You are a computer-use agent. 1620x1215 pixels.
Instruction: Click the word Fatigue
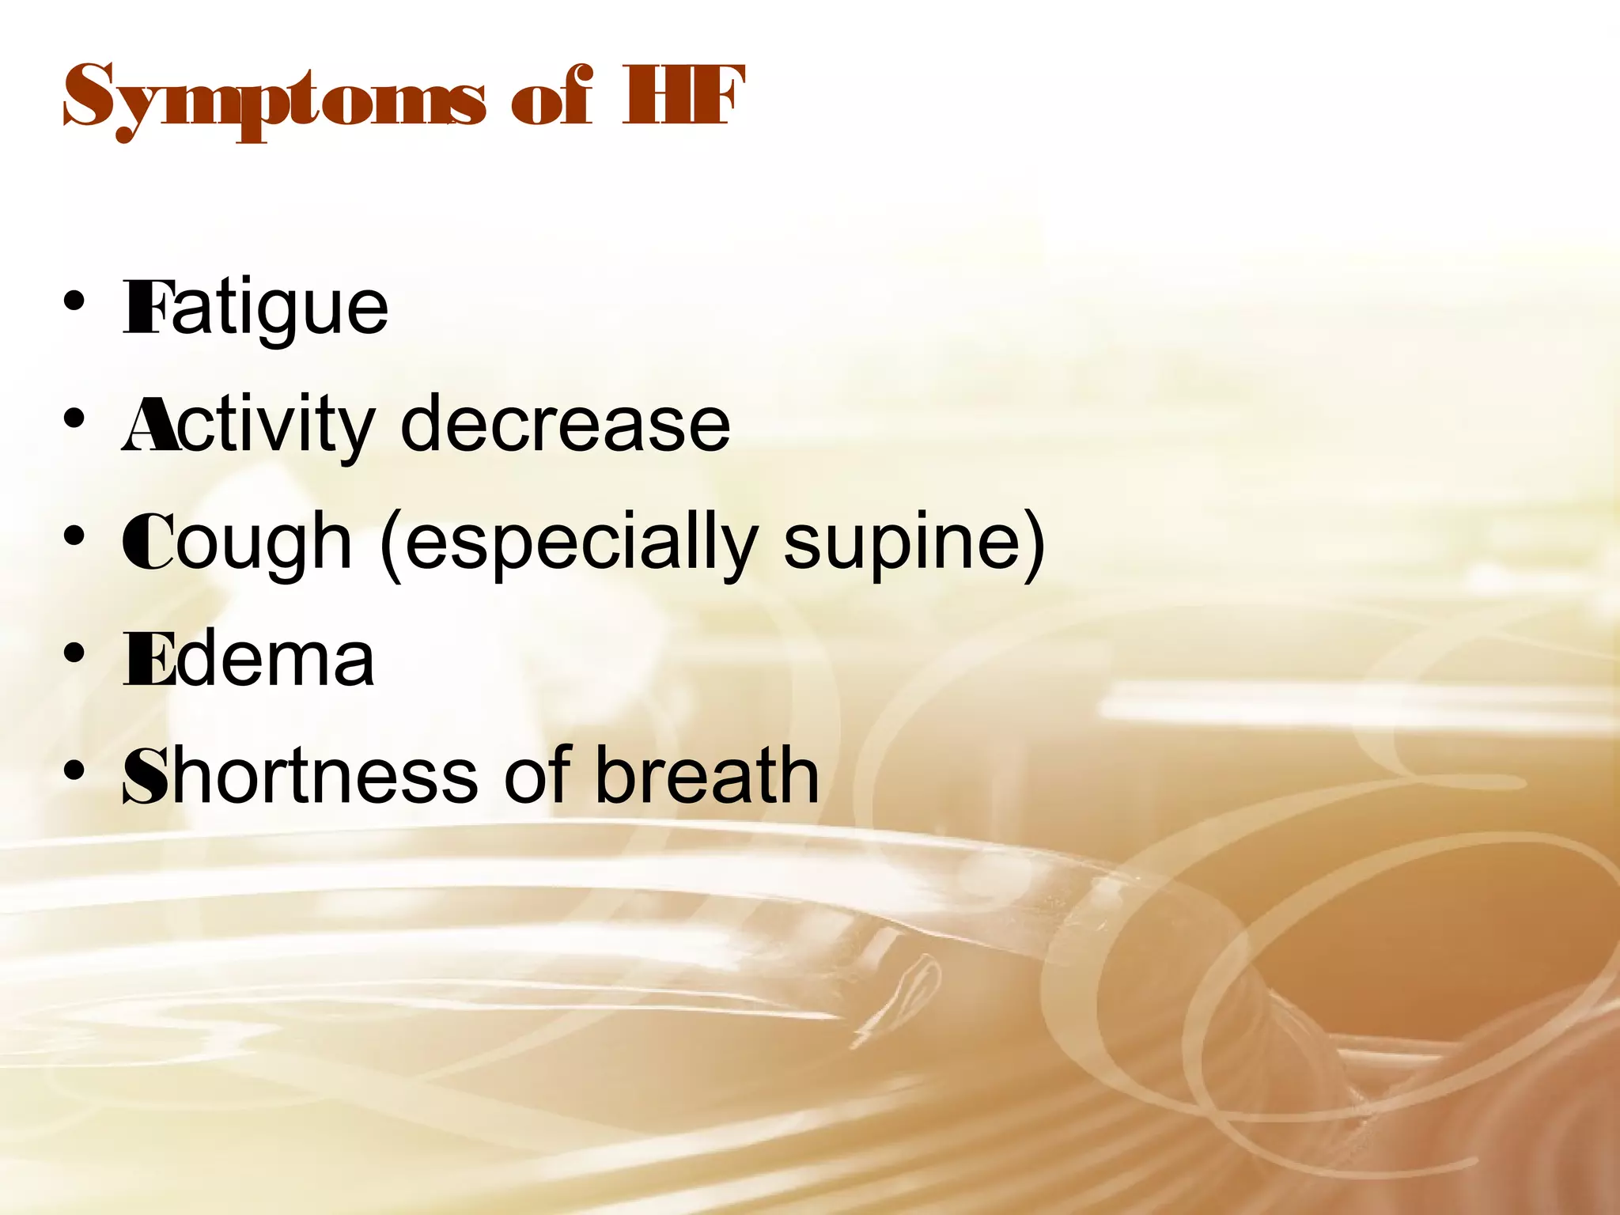tap(255, 308)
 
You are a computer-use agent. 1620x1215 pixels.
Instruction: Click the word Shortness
tap(301, 776)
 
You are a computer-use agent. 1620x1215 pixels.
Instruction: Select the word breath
tap(706, 776)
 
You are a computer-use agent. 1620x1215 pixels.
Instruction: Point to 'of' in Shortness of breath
tap(537, 776)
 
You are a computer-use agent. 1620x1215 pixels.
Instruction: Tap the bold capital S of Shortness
tap(146, 777)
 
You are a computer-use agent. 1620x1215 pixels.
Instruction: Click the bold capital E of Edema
tap(148, 660)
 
